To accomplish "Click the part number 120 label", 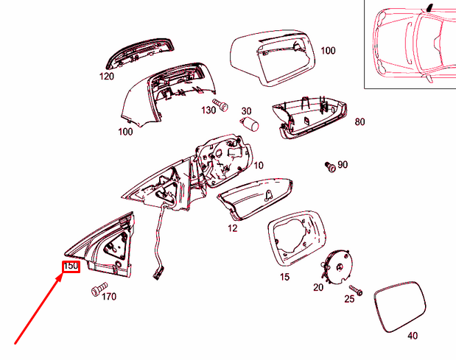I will [108, 76].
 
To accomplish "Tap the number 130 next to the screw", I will [208, 110].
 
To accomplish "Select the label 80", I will [360, 122].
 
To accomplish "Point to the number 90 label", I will [343, 165].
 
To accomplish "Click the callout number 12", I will [232, 229].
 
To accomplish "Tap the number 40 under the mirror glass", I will [412, 336].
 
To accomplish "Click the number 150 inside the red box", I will [70, 266].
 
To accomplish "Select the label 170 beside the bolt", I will [108, 297].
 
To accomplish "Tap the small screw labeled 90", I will [331, 166].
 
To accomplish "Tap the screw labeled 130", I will [219, 103].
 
